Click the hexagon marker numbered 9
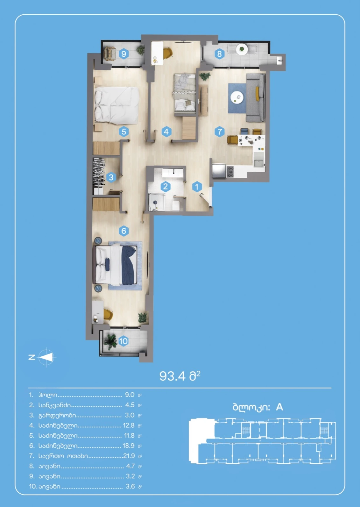click(124, 54)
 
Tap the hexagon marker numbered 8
click(219, 54)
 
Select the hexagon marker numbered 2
click(166, 187)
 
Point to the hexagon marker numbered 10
click(123, 341)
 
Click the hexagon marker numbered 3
click(111, 177)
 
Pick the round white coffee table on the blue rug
click(237, 97)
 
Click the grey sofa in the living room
click(256, 97)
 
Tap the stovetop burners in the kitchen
click(230, 171)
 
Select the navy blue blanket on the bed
click(129, 265)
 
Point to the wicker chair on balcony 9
click(110, 54)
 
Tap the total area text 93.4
click(172, 376)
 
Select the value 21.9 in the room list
click(129, 456)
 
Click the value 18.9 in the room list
click(129, 446)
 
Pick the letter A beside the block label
click(279, 407)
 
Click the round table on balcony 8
click(242, 49)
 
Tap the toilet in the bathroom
click(176, 205)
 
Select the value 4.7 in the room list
click(130, 466)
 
